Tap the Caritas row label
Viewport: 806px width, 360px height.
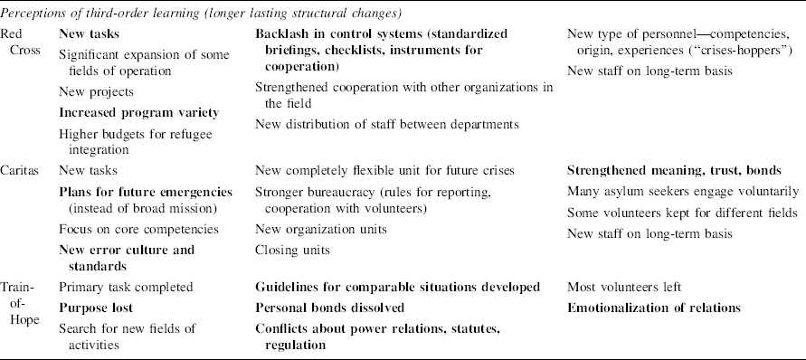point(24,170)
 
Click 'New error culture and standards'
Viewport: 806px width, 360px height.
point(127,257)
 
